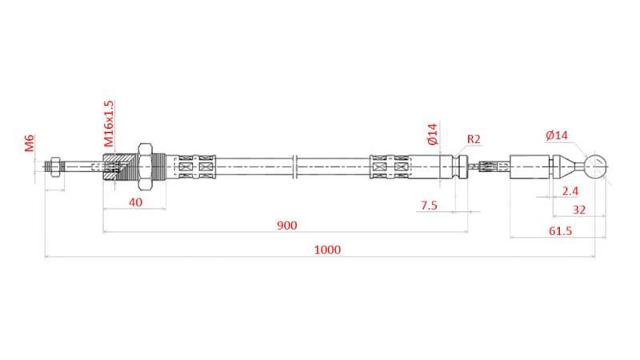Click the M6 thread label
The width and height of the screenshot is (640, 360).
point(30,143)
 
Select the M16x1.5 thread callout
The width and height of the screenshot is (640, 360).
point(110,122)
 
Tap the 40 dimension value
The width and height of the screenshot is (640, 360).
point(135,202)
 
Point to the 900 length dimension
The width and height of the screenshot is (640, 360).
point(286,226)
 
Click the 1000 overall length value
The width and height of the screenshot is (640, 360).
point(327,250)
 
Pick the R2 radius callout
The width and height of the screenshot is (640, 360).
point(474,139)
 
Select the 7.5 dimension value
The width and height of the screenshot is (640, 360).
point(429,205)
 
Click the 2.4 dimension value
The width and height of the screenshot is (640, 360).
point(570,191)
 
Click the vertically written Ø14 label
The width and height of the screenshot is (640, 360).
point(433,134)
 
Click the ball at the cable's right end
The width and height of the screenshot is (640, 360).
point(595,167)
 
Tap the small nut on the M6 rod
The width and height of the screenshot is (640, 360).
point(53,167)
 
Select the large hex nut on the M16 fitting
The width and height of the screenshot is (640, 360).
point(146,167)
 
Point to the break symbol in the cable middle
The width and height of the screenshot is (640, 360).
point(295,167)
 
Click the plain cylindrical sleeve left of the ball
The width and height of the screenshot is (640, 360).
point(530,167)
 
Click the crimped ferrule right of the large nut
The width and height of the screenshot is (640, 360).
point(196,167)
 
